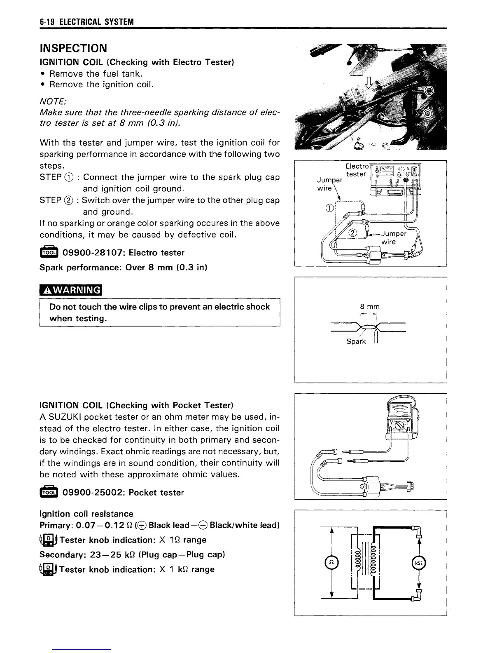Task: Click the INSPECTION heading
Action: (x=73, y=48)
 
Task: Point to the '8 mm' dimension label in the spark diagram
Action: (x=369, y=306)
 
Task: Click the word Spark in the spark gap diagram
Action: (x=356, y=341)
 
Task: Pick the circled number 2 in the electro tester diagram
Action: (x=352, y=233)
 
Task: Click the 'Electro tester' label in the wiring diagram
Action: (x=357, y=170)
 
